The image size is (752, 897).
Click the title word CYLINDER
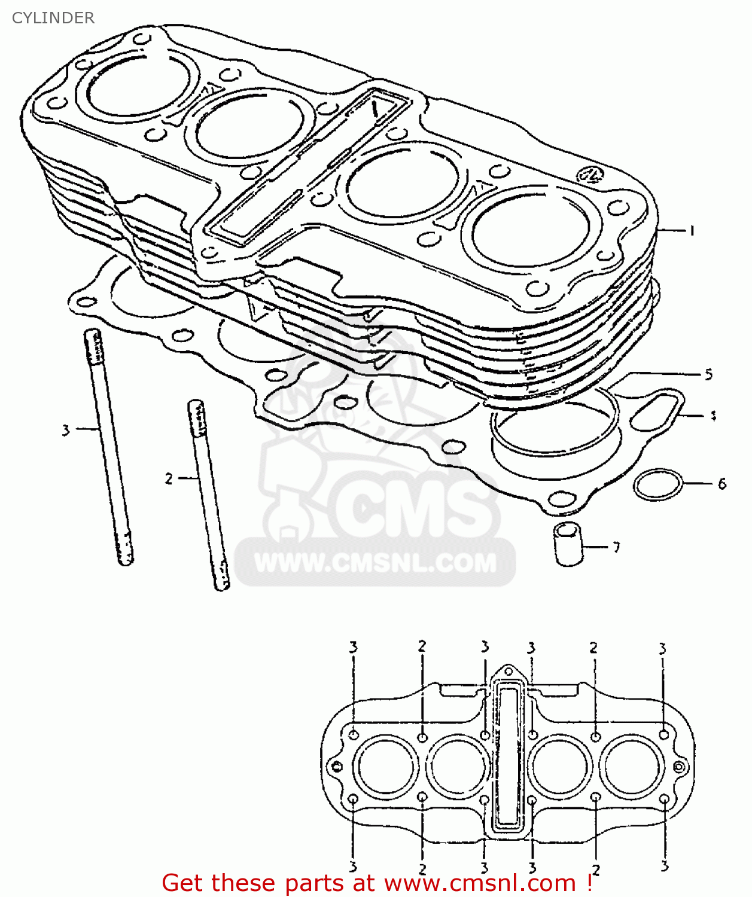(53, 18)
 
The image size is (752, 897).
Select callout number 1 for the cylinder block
(692, 231)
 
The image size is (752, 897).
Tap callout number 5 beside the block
(708, 375)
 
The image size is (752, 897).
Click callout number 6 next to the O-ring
(721, 484)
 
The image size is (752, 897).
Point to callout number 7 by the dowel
(616, 547)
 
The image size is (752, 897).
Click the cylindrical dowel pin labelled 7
(568, 544)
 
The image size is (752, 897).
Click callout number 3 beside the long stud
(66, 430)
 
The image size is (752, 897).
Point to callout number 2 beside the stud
(169, 479)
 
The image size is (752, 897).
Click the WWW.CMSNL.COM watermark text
(375, 563)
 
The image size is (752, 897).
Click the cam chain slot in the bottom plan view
(509, 759)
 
